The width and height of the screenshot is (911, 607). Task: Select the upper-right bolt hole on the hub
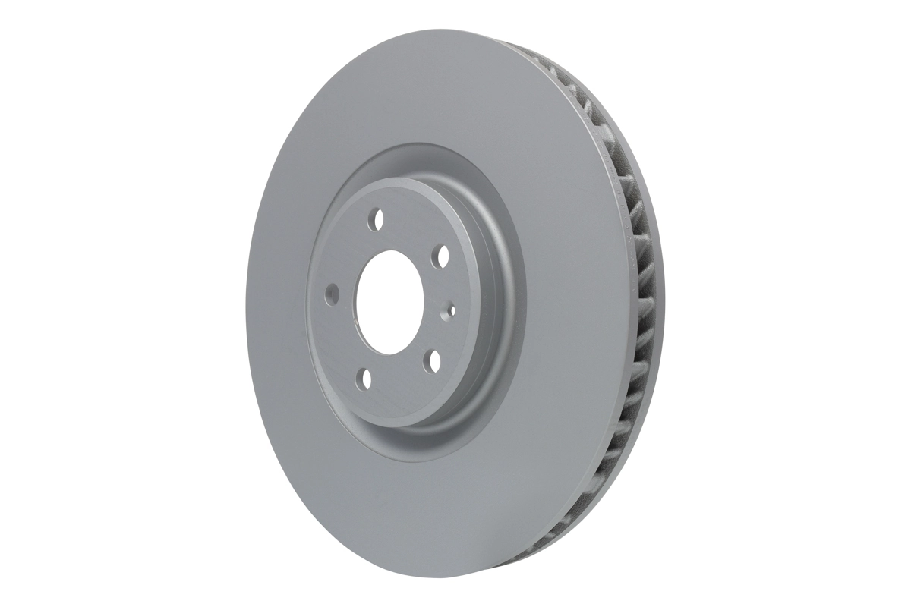[439, 258]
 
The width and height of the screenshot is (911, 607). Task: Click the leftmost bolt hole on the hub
[332, 293]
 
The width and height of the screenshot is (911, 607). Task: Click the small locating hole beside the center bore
[452, 309]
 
